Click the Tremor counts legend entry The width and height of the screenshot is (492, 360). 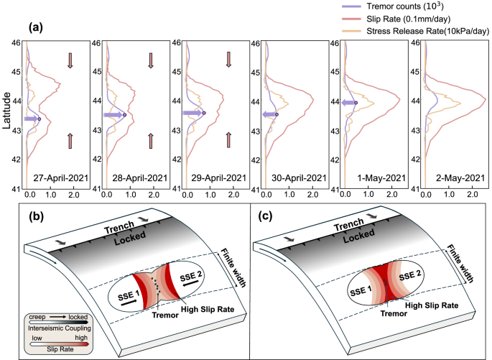point(419,6)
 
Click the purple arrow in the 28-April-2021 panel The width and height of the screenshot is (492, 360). point(113,115)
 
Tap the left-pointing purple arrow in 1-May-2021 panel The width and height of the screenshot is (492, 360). point(347,103)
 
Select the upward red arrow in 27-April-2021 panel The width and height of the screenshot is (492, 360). point(70,140)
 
